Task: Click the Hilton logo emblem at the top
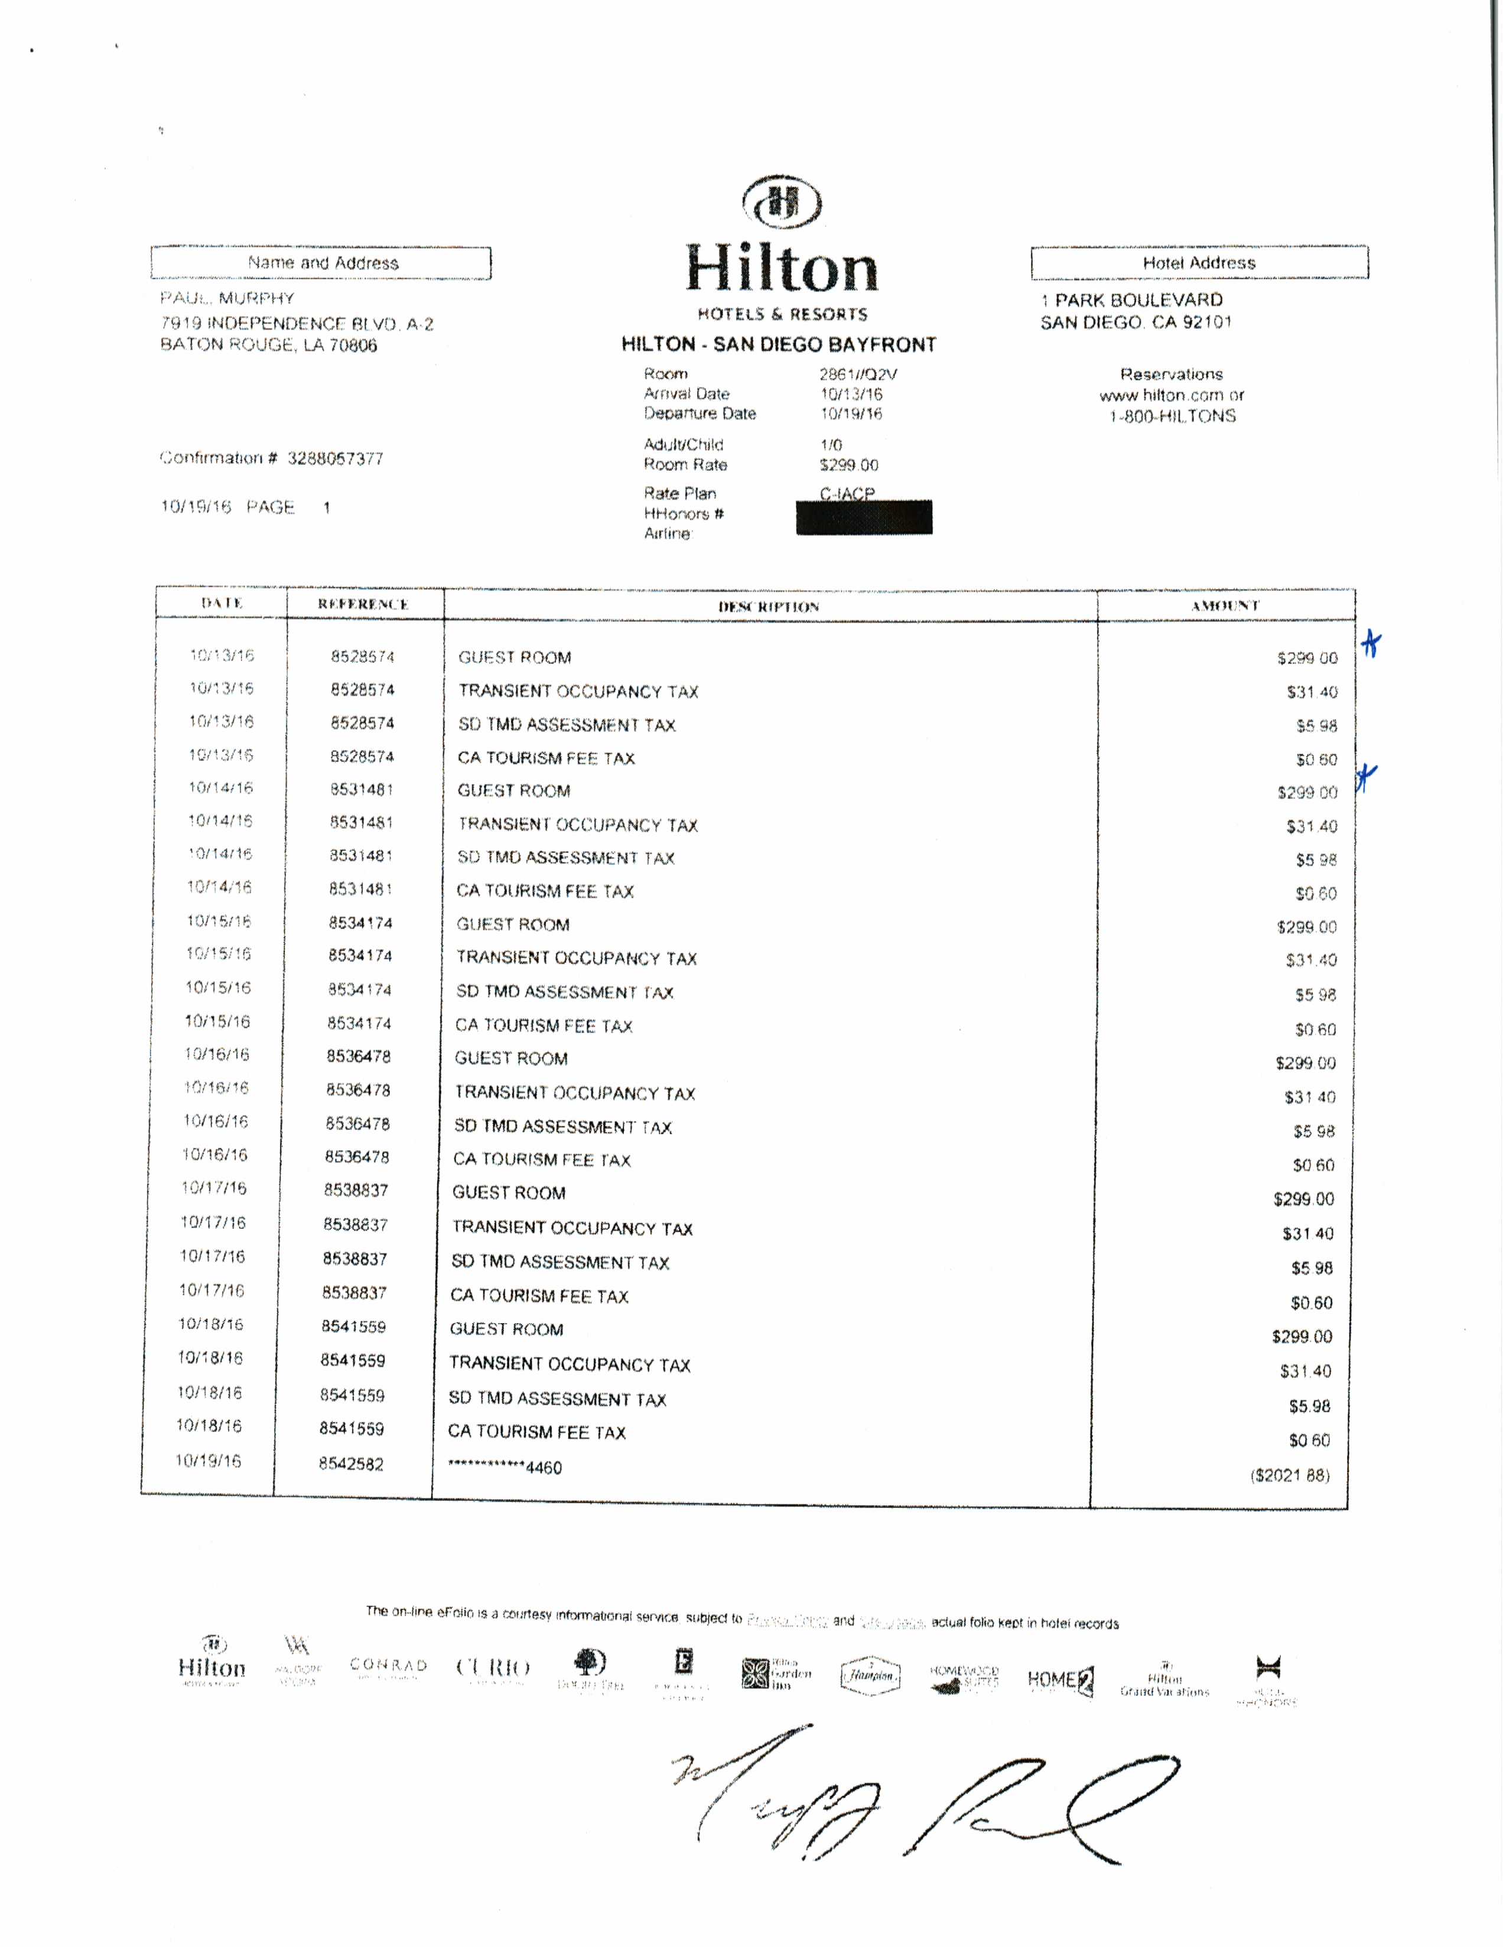(782, 203)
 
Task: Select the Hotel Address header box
(1199, 263)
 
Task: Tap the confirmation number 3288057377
(334, 459)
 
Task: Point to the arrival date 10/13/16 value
(851, 394)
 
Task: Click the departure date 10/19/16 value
(851, 414)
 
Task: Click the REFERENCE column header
(363, 604)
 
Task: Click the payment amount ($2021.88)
(1289, 1476)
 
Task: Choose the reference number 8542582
(352, 1464)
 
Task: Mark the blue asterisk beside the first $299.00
(1372, 644)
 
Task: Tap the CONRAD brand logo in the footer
(389, 1665)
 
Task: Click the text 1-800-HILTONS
(1172, 416)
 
